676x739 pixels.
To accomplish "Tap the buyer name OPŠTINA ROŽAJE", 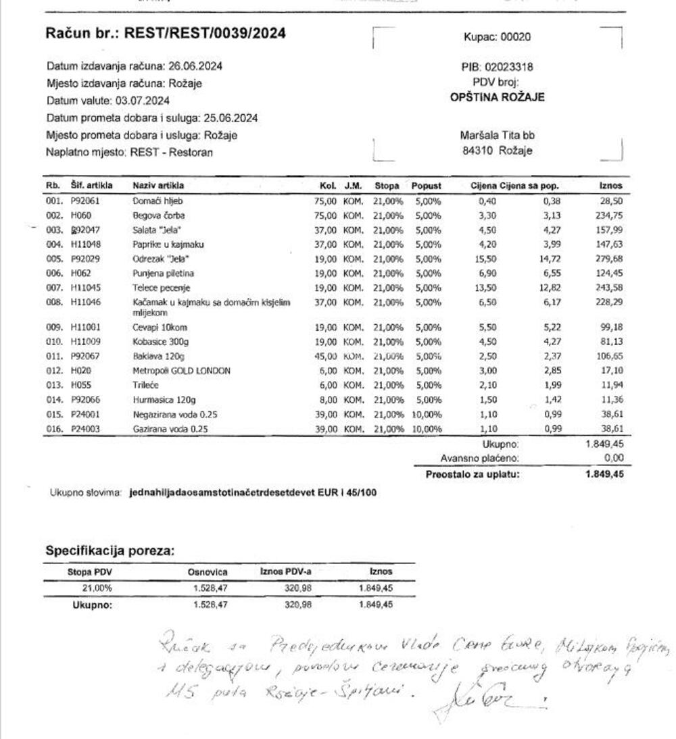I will [x=497, y=97].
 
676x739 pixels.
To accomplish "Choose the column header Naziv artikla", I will [x=158, y=186].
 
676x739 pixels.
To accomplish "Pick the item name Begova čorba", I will [x=159, y=215].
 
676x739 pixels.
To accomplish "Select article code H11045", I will [x=85, y=288].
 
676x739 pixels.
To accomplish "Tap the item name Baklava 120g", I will [x=159, y=356].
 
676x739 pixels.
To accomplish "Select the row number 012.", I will [x=53, y=371].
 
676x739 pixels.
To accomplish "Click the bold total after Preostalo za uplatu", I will [x=604, y=474].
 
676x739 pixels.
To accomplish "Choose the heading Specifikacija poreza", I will [x=110, y=551].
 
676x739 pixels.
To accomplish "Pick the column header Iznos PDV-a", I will [x=285, y=572].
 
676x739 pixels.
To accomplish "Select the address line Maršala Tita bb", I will [x=497, y=135].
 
